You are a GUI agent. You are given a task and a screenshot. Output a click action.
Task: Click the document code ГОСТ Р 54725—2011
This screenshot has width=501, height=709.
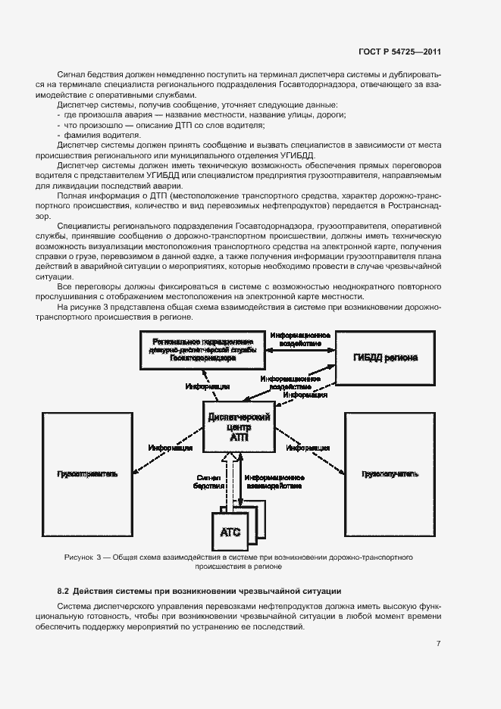399,52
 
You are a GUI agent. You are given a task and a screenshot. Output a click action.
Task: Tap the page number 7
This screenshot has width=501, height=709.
439,644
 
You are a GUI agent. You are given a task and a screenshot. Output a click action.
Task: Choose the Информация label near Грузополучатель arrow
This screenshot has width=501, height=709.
308,447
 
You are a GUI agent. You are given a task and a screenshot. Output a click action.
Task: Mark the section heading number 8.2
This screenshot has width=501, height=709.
64,590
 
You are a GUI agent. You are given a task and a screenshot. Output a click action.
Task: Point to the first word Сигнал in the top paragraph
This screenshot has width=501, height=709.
71,75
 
